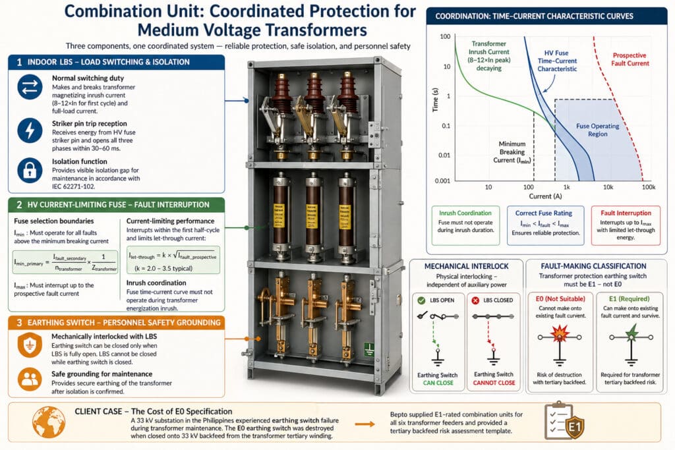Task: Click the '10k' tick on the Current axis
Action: (x=606, y=187)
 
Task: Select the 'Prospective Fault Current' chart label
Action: (x=629, y=60)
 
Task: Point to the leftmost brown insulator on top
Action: (x=281, y=92)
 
